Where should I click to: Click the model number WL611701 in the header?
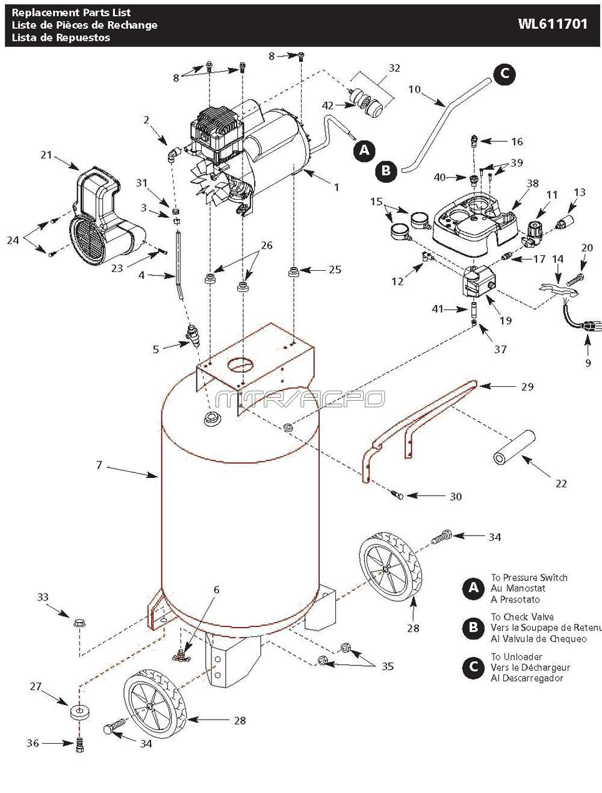552,25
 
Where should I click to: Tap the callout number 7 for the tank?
99,465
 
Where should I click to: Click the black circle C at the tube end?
504,73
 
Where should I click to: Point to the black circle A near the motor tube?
364,150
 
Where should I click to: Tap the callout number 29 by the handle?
527,387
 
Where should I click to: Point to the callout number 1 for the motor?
337,187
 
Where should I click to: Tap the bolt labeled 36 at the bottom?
80,744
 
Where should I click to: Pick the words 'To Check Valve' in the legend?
522,617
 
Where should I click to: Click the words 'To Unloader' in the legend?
517,656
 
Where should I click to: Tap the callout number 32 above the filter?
394,69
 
